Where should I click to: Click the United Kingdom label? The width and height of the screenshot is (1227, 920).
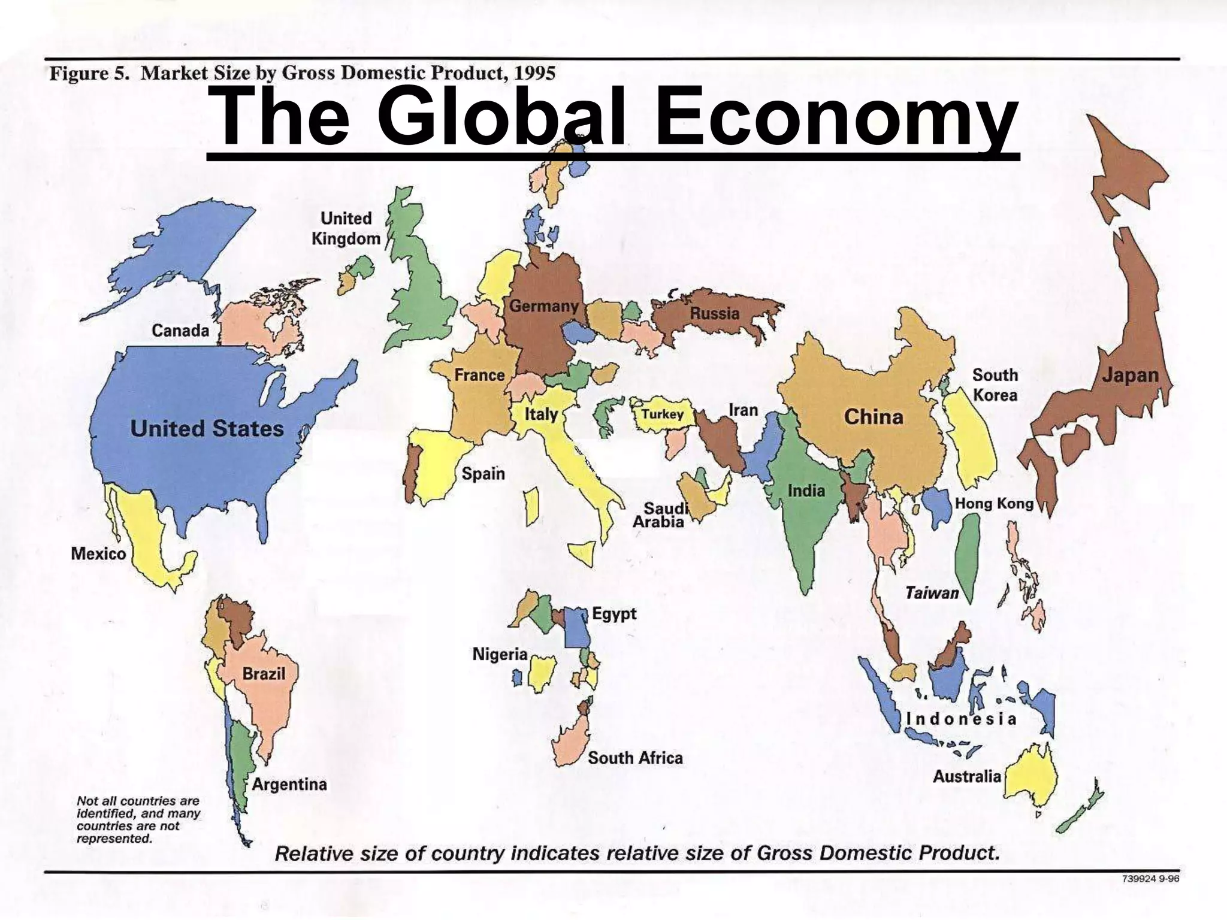pyautogui.click(x=346, y=228)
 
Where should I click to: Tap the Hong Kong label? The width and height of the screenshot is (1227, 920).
pyautogui.click(x=994, y=503)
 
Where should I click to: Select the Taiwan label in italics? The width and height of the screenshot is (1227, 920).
pyautogui.click(x=932, y=593)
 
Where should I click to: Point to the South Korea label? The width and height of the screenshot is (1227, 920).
pyautogui.click(x=995, y=385)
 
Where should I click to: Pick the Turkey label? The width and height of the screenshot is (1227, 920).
pyautogui.click(x=662, y=414)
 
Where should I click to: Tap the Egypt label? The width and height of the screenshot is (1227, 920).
pyautogui.click(x=614, y=613)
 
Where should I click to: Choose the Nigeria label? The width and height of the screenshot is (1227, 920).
pyautogui.click(x=500, y=654)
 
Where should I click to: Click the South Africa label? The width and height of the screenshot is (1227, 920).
pyautogui.click(x=635, y=758)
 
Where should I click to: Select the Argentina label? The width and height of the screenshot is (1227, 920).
pyautogui.click(x=289, y=784)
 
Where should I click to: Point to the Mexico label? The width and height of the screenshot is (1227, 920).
pyautogui.click(x=98, y=553)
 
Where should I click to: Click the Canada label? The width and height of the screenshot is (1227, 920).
pyautogui.click(x=180, y=331)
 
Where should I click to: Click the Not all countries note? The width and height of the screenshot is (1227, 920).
pyautogui.click(x=138, y=819)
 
